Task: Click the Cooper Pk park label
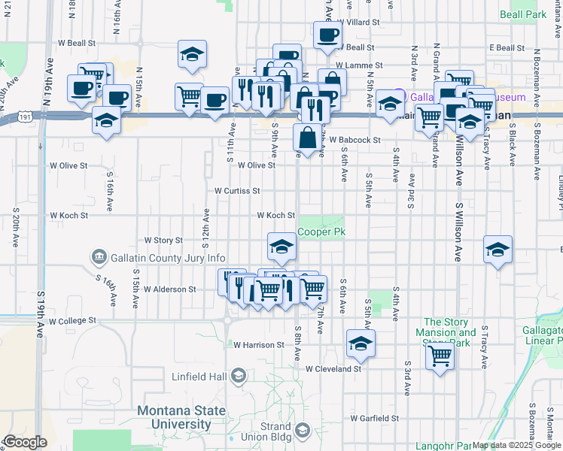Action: point(321,232)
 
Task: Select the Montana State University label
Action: point(181,417)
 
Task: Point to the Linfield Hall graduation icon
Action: point(239,375)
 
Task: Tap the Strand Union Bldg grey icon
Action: point(303,431)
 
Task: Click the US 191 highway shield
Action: point(26,117)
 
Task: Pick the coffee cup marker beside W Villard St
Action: point(327,35)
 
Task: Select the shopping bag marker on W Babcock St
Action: point(308,138)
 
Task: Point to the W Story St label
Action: point(163,241)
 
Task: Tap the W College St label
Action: point(72,320)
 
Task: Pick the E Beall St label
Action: point(506,47)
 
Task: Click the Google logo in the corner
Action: point(26,442)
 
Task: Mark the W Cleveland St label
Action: point(333,369)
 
